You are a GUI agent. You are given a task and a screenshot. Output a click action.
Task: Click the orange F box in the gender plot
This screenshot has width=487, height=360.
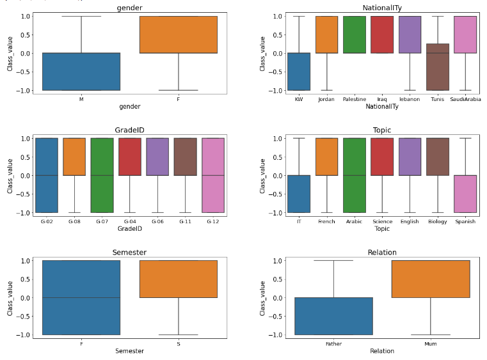(x=178, y=35)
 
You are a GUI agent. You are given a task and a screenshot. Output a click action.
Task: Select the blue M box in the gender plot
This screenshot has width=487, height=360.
(x=81, y=72)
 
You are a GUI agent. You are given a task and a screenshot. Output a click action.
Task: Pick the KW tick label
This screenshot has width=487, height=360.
(x=298, y=99)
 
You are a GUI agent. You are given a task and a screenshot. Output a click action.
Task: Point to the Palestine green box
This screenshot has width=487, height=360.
(x=354, y=35)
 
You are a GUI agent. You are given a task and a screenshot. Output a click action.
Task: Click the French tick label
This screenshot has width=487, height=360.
(x=326, y=221)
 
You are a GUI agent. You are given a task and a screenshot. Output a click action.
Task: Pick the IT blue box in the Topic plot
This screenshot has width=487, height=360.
(x=299, y=194)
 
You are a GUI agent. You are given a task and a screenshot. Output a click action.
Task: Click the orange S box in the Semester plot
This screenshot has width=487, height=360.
(x=178, y=279)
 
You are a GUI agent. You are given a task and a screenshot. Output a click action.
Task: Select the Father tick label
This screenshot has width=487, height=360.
(x=333, y=343)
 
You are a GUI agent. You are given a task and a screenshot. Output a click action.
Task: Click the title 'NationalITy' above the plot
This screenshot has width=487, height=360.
(x=381, y=7)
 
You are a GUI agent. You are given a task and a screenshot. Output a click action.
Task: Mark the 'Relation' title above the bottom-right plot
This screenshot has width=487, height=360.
(x=381, y=253)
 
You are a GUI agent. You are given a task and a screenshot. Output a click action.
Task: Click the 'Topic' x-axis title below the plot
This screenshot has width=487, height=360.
(x=381, y=228)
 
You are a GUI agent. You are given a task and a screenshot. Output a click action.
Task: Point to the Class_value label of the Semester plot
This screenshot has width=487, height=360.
(x=10, y=297)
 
